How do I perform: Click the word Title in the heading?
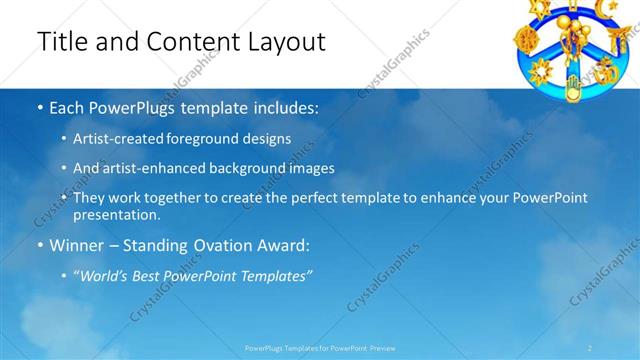click(61, 42)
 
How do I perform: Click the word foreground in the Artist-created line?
click(224, 139)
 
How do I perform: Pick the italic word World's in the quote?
click(106, 274)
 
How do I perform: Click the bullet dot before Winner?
click(40, 244)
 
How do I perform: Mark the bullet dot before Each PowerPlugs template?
click(40, 107)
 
